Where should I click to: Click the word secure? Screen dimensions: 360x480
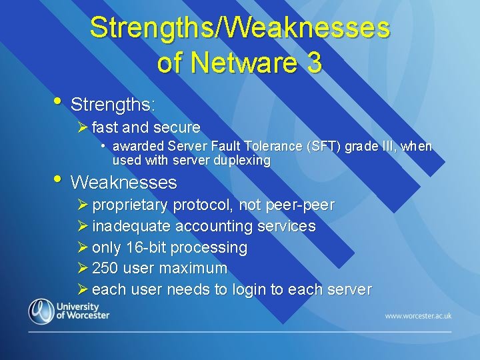[x=177, y=127]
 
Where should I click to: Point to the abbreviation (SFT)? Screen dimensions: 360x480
[x=321, y=147]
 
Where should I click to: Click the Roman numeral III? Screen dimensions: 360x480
[x=385, y=147]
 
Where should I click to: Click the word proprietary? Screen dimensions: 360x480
[x=131, y=205]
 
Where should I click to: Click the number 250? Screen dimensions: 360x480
[x=105, y=269]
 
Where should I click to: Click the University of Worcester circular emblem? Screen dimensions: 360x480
[x=40, y=311]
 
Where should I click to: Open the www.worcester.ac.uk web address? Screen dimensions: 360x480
[x=418, y=315]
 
